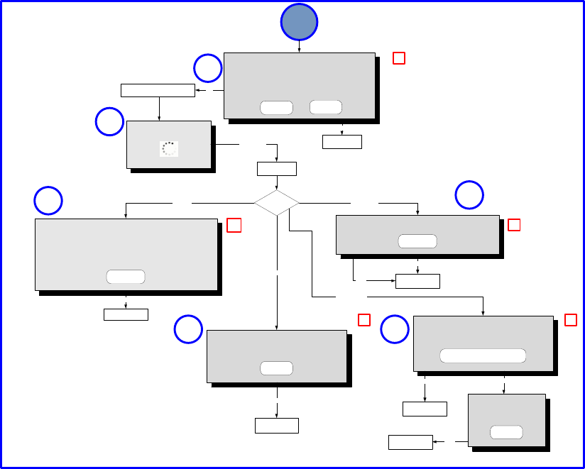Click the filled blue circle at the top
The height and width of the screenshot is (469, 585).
click(x=299, y=22)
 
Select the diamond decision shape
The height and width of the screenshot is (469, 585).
click(x=276, y=203)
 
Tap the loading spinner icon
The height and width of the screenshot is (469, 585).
click(x=168, y=148)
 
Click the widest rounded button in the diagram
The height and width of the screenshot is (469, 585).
click(x=483, y=355)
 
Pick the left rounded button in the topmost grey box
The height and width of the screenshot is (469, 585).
click(x=276, y=107)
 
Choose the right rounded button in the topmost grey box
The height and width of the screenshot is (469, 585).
click(x=326, y=107)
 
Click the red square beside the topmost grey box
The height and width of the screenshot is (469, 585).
click(x=399, y=58)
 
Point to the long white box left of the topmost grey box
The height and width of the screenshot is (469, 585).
click(x=158, y=90)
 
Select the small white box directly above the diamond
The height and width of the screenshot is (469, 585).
click(x=276, y=169)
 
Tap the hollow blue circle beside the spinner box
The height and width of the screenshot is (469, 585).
click(x=110, y=122)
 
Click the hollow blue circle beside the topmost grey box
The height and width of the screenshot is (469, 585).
click(x=208, y=69)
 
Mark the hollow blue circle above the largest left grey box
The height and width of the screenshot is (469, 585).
click(x=48, y=201)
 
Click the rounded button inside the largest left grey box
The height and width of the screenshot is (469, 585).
click(x=126, y=276)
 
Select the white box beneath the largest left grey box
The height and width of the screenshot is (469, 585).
click(x=126, y=314)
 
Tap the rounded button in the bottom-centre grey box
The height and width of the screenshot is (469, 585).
click(x=276, y=368)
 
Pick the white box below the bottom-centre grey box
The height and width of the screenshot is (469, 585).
click(x=276, y=426)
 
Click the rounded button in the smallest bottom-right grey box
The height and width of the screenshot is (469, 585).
click(x=506, y=432)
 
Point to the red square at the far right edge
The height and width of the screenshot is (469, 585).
click(x=570, y=320)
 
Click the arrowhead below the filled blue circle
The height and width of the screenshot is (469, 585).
click(x=299, y=50)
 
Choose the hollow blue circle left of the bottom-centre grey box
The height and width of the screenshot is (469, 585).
click(x=188, y=330)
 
